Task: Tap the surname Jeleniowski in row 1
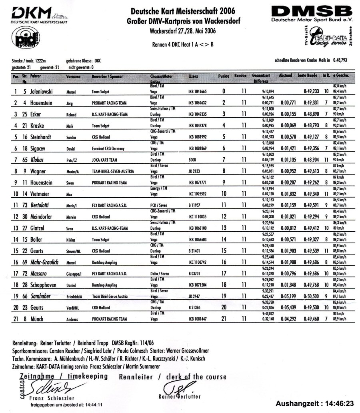45,91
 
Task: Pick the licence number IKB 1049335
197,114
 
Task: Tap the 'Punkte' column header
224,76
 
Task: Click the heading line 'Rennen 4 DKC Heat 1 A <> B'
183,44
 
